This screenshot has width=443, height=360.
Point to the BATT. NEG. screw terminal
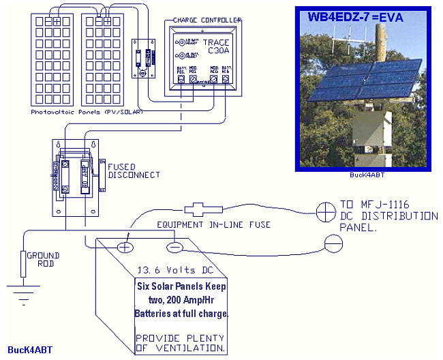pos(225,80)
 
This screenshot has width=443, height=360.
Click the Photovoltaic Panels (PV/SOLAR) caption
pos(86,111)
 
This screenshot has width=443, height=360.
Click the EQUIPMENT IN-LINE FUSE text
pos(213,224)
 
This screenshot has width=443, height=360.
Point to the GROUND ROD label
pos(42,260)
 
